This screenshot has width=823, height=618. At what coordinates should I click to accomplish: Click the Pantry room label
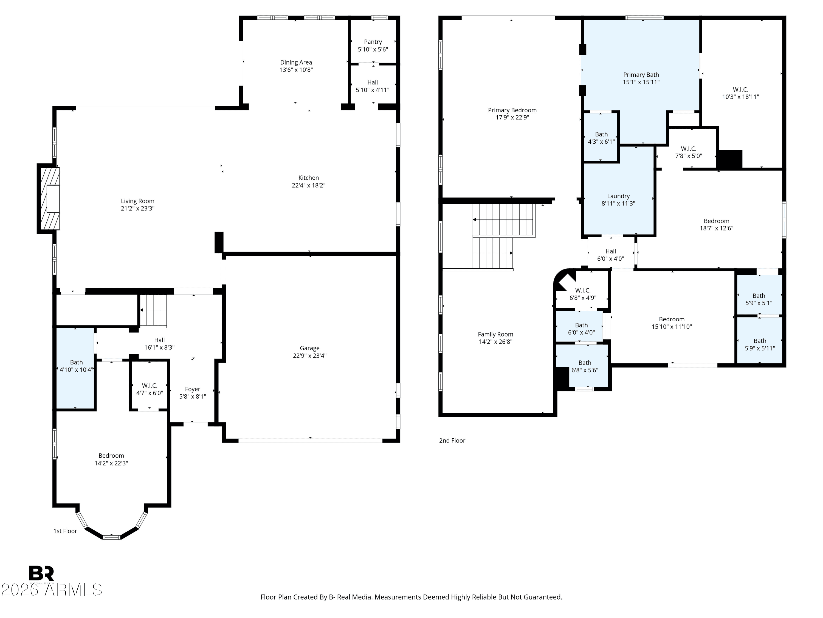tap(373, 42)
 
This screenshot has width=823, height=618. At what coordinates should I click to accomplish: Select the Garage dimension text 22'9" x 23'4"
tap(309, 355)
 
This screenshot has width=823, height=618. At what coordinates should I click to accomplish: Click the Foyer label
tap(192, 389)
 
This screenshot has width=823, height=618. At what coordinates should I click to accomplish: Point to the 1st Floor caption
tap(65, 531)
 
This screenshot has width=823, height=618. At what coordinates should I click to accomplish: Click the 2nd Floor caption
tap(452, 440)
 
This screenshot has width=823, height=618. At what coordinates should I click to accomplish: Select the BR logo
tap(41, 573)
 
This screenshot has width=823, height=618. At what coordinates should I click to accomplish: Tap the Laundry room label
tap(618, 196)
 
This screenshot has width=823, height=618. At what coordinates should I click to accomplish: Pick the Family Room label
tap(495, 334)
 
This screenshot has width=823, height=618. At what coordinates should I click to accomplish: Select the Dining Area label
tap(296, 62)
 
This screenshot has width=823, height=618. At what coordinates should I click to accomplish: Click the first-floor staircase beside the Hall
tap(153, 311)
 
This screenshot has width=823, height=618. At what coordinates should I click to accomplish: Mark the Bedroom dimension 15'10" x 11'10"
tap(672, 327)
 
